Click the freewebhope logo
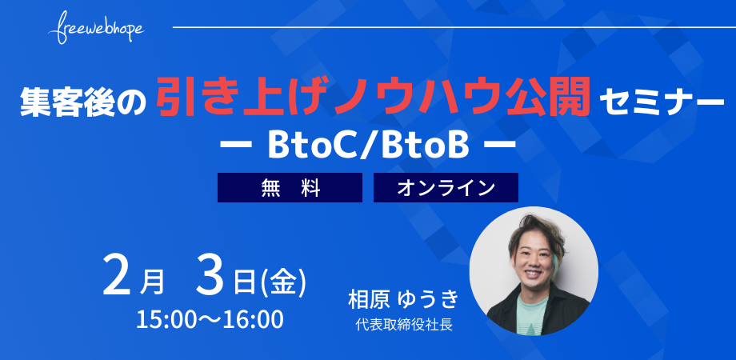tap(96, 28)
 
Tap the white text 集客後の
tap(83, 102)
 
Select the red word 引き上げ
tap(245, 98)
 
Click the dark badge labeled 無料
tap(290, 188)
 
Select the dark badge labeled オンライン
tap(446, 188)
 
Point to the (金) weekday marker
tap(282, 282)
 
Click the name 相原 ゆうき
tap(402, 300)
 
